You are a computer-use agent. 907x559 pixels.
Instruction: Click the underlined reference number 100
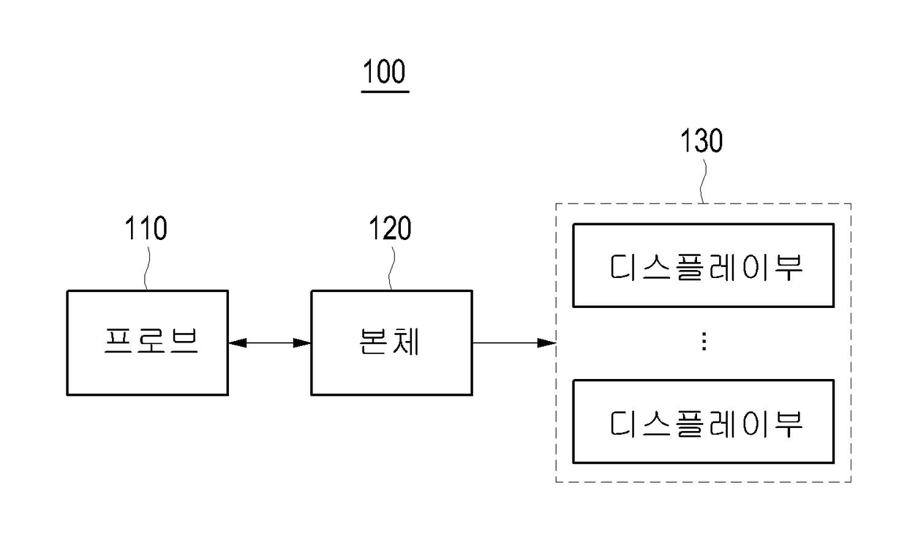tap(384, 71)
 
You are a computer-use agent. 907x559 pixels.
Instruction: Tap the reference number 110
tap(146, 228)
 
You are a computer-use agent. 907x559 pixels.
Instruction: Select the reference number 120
tap(390, 228)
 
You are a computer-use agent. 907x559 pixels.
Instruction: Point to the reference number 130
tap(701, 140)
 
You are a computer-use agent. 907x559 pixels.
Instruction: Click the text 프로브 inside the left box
tap(151, 341)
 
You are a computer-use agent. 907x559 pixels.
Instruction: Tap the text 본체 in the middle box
tap(389, 341)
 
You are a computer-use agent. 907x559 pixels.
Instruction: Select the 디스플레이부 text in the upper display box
tap(706, 267)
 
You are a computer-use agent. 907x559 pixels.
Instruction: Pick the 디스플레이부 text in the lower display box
tap(706, 424)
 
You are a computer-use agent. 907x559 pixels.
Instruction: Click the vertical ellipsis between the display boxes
tap(704, 341)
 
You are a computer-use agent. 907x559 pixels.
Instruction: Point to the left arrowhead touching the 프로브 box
tap(238, 343)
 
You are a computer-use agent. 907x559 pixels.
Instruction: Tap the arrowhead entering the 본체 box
tap(301, 343)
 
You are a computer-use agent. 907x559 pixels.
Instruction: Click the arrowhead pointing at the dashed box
tap(546, 343)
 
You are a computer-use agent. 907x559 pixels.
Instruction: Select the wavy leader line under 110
tap(146, 269)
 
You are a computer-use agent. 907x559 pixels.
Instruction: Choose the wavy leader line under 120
tap(391, 269)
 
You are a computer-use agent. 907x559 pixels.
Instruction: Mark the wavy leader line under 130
tap(704, 181)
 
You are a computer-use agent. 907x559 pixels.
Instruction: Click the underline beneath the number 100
tap(385, 92)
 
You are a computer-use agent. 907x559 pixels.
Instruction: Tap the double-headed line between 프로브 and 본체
tap(270, 343)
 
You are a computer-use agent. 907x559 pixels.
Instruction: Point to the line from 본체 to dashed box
tap(514, 343)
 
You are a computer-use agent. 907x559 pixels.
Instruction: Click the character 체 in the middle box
tap(406, 341)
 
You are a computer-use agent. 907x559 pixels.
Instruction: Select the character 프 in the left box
tap(118, 341)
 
